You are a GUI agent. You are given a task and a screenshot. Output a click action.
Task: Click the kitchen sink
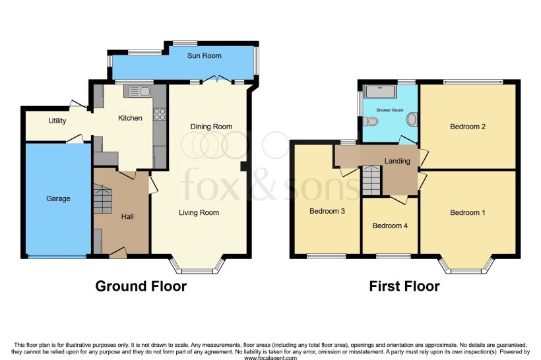(141, 92)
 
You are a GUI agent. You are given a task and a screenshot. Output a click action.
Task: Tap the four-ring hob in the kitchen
(159, 114)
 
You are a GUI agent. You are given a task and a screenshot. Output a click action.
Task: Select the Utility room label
(57, 121)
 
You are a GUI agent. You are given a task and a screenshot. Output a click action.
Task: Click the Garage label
(58, 198)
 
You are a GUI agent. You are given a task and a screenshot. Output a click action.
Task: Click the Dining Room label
(211, 127)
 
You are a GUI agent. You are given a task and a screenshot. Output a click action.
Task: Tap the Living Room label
(199, 212)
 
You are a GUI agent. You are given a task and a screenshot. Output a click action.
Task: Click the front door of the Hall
(119, 253)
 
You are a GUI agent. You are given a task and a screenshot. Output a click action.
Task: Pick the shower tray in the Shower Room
(379, 91)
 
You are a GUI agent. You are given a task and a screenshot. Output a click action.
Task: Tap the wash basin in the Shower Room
(412, 119)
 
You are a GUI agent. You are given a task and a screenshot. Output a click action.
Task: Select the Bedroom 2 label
(468, 127)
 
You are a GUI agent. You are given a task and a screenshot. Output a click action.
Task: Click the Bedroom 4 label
(389, 225)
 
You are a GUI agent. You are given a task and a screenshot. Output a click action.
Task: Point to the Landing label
(397, 161)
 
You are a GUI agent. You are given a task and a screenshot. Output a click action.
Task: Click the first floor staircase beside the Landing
(371, 181)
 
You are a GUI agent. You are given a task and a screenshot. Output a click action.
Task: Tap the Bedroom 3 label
(327, 212)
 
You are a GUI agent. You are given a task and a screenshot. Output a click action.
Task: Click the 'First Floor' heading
(405, 286)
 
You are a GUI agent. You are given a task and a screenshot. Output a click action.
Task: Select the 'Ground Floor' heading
(141, 286)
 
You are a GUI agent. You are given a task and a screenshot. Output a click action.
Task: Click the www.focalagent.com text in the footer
(270, 357)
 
